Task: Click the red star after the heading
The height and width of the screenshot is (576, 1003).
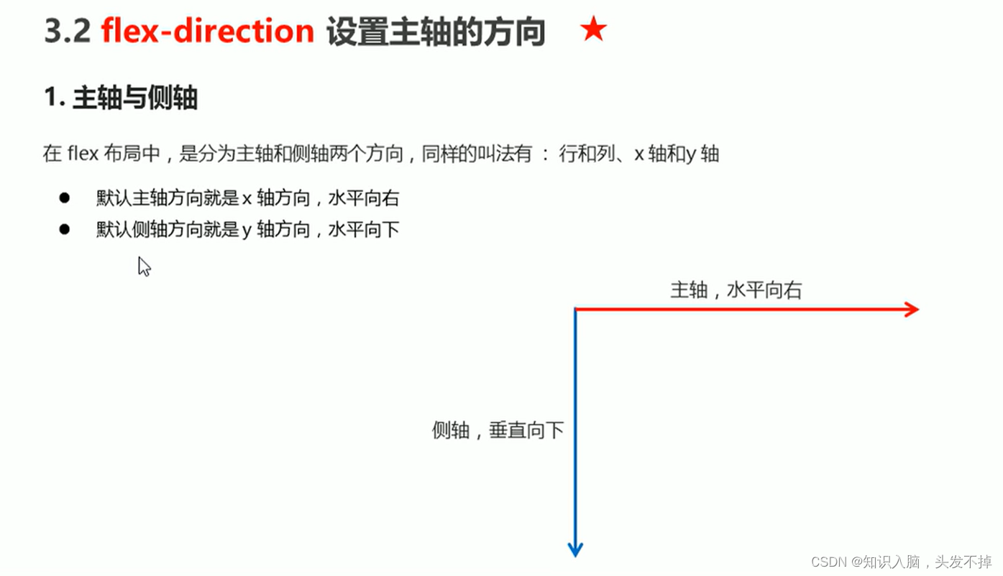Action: [593, 30]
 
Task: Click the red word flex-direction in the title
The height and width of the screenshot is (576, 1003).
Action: [208, 32]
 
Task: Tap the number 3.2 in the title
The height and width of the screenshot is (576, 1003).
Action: [67, 32]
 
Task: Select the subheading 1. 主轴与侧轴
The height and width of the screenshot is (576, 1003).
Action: [121, 98]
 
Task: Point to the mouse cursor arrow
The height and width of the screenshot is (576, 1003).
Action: [143, 266]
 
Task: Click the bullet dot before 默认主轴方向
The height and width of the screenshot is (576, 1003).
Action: [65, 198]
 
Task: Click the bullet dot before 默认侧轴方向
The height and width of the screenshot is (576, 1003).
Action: [65, 229]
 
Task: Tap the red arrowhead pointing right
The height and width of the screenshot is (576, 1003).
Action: [912, 310]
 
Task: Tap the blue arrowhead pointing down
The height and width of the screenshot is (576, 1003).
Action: [575, 549]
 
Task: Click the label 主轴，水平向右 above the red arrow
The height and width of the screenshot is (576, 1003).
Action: [736, 290]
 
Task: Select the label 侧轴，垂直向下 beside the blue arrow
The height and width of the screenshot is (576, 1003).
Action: [498, 430]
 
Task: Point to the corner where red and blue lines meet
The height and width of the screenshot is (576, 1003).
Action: [575, 310]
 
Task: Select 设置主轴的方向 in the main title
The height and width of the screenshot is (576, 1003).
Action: [436, 32]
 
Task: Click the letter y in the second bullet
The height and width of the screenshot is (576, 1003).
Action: [247, 231]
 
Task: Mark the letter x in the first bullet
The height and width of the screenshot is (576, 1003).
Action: [247, 199]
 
